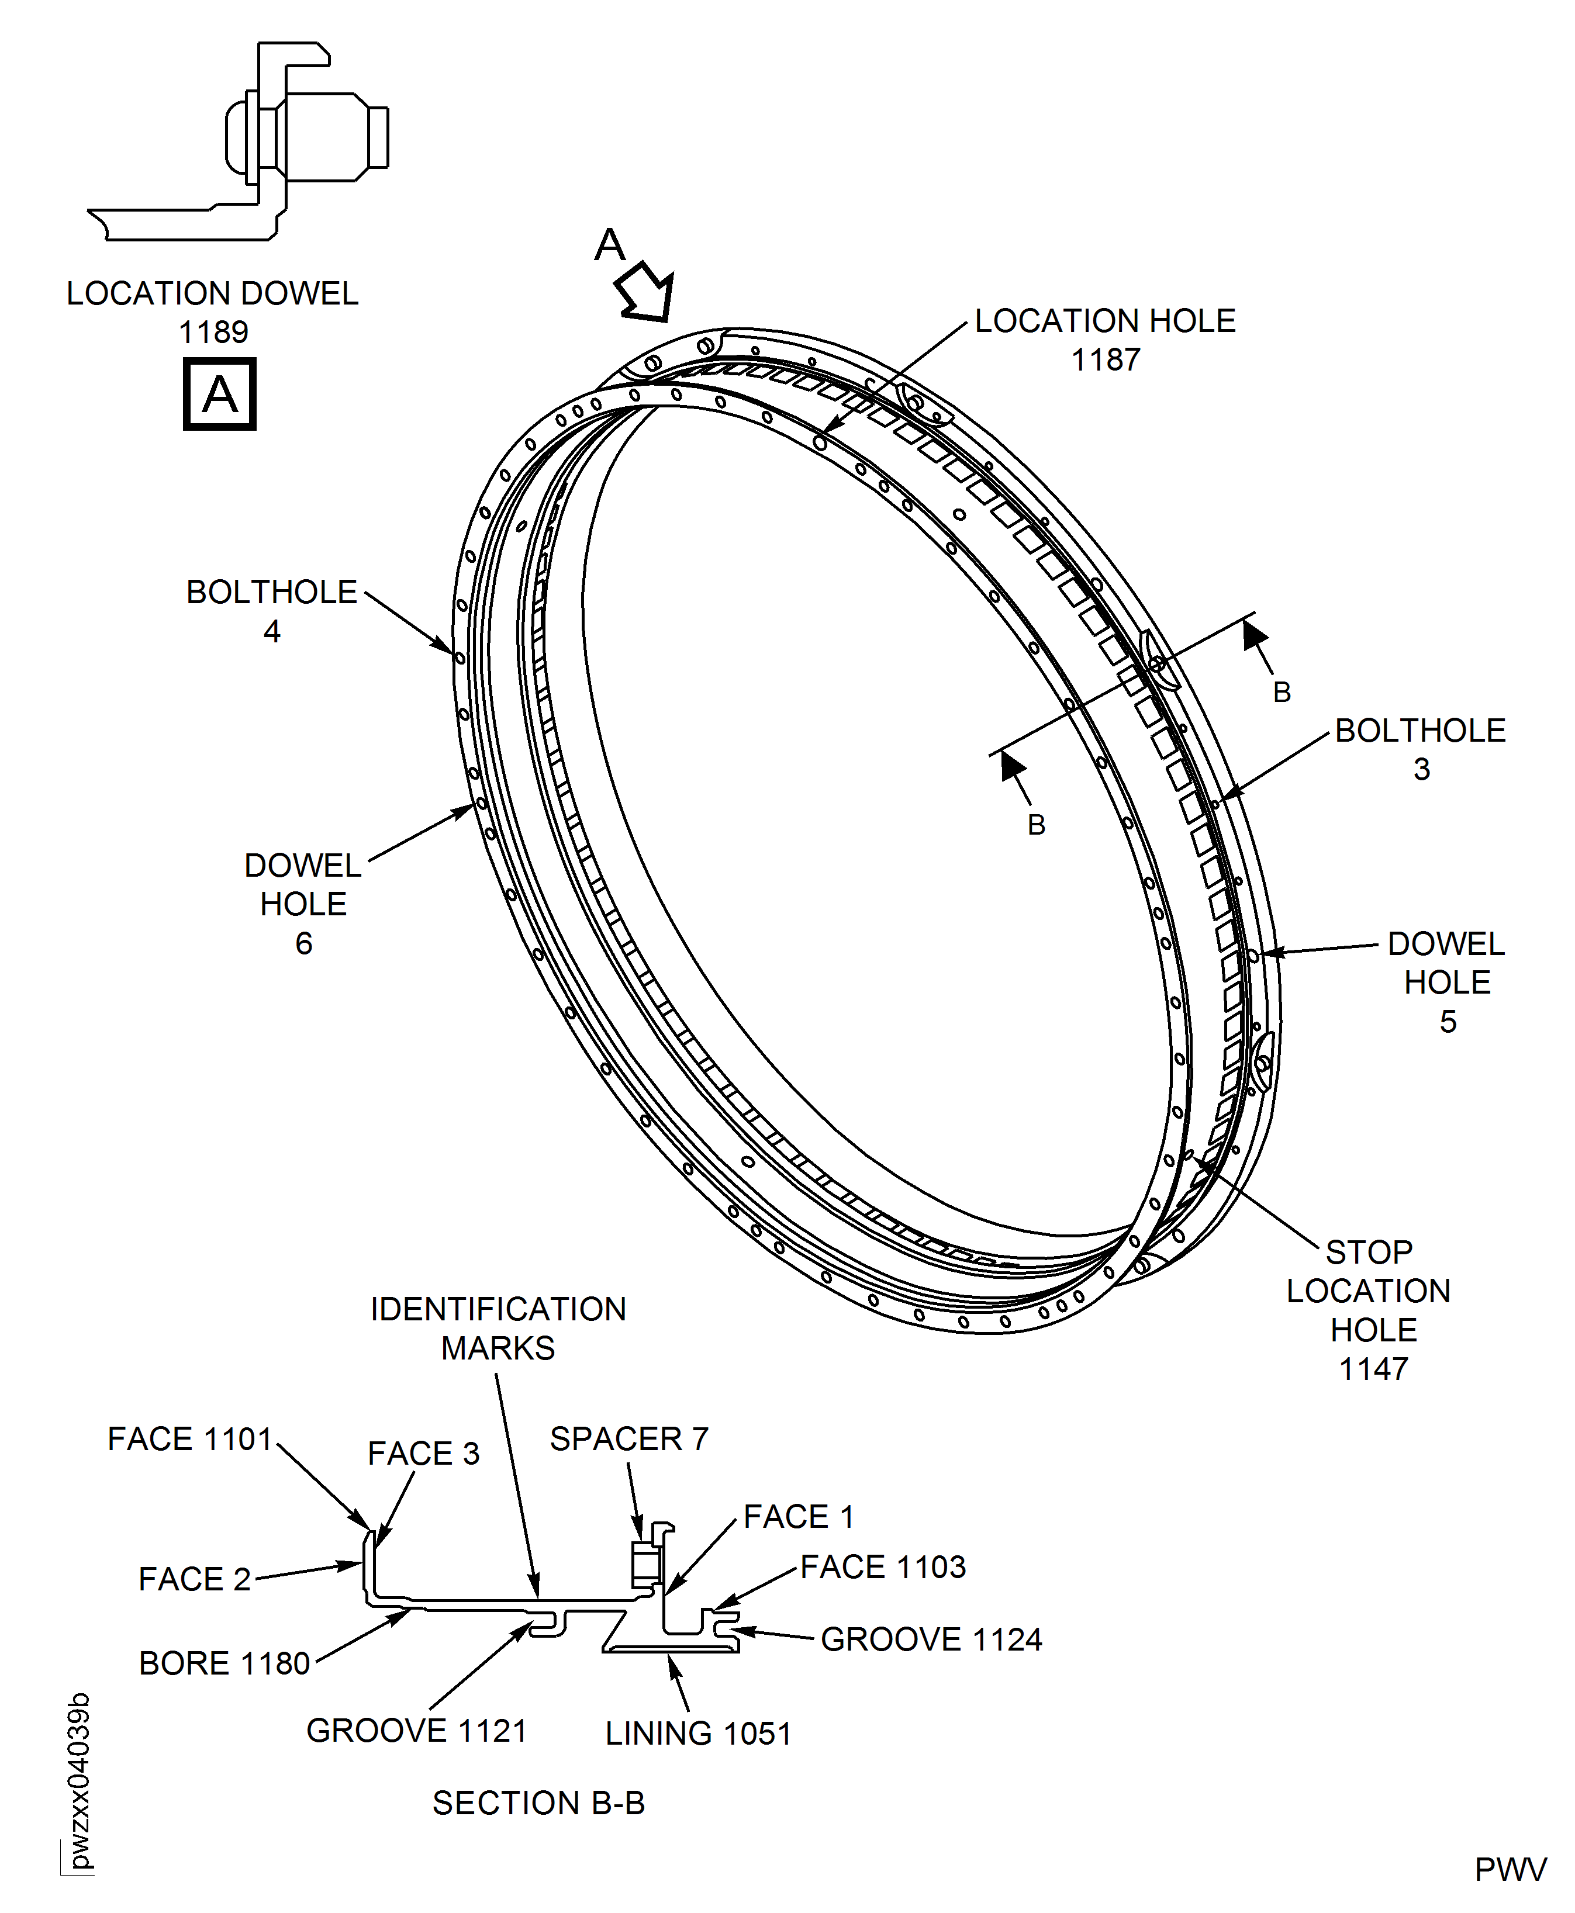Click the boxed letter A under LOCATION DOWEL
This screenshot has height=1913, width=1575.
click(x=220, y=395)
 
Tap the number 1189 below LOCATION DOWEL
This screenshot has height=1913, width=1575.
click(x=213, y=333)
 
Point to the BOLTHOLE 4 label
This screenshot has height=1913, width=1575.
click(x=271, y=610)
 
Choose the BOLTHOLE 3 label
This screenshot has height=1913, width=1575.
click(x=1420, y=749)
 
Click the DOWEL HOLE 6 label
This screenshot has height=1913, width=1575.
click(x=303, y=904)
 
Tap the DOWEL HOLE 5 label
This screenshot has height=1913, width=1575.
click(x=1446, y=983)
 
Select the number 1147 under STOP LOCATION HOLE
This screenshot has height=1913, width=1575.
click(x=1373, y=1369)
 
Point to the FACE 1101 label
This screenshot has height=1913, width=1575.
click(x=189, y=1438)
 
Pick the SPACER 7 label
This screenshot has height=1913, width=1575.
click(x=628, y=1438)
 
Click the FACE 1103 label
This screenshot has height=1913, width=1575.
click(x=883, y=1566)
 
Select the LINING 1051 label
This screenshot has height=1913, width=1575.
click(x=697, y=1734)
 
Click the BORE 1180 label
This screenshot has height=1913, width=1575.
click(x=224, y=1663)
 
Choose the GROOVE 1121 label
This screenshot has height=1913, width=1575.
click(x=416, y=1730)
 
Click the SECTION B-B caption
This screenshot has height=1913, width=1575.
click(x=538, y=1803)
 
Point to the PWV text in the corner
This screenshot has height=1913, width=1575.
click(x=1510, y=1870)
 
